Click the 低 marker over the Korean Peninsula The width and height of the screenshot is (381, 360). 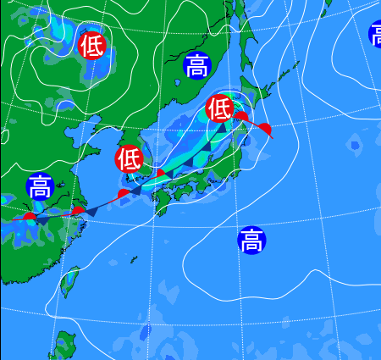pos(129,158)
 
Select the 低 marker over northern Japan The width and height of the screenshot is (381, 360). pos(219,108)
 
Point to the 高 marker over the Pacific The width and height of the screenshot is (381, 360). pos(251,241)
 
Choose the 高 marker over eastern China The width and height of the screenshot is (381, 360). pos(39,186)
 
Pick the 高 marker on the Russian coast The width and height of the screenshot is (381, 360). pos(196,65)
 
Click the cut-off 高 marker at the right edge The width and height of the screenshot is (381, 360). pos(376,35)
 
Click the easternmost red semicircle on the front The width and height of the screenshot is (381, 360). pos(265,128)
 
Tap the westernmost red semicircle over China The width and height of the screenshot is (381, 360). pos(30,217)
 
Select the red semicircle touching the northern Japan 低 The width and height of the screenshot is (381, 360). pos(240,115)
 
